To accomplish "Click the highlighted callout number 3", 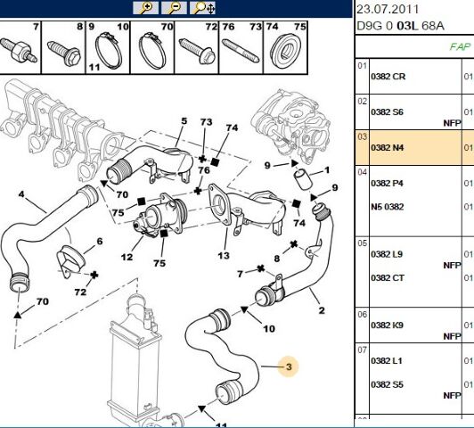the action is [289, 366].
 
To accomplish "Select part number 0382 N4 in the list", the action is [388, 148].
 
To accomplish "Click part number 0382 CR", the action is [388, 77].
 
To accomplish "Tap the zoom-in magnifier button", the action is [146, 7].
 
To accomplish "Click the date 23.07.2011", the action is [388, 9].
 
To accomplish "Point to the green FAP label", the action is [460, 46].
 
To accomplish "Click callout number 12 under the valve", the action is [127, 257].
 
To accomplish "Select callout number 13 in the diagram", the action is [224, 256].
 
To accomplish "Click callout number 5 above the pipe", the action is [184, 121].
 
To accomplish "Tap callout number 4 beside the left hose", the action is [21, 193].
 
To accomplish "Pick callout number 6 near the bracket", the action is [100, 242].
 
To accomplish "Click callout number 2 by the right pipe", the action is [322, 310].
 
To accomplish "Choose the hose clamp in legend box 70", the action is [152, 51].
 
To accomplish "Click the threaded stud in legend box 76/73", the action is [241, 51].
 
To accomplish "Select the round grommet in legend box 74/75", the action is [285, 51].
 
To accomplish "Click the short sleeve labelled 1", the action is [301, 179].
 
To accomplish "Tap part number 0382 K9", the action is [387, 325].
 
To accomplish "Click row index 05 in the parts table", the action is [362, 243].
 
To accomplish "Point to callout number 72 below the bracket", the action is [80, 292].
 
